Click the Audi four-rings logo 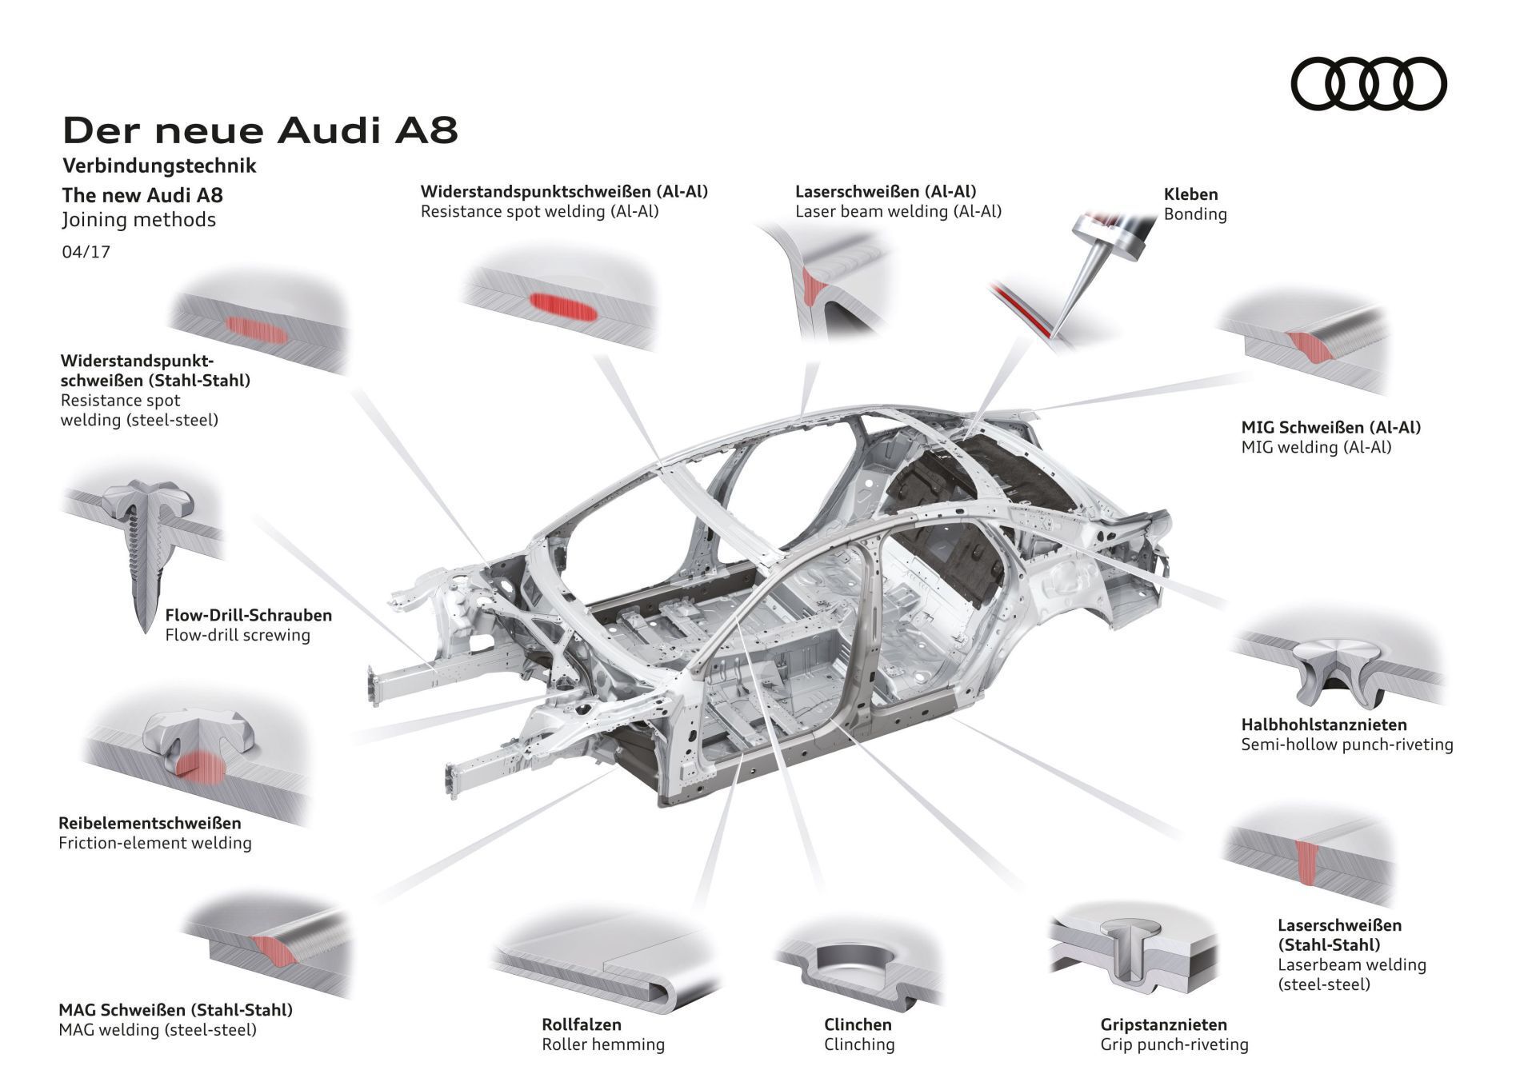click(x=1370, y=84)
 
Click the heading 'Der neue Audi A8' click(x=260, y=130)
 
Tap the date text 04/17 click(x=86, y=252)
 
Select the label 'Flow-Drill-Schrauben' click(x=248, y=615)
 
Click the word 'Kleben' click(x=1190, y=194)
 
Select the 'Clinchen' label click(x=858, y=1024)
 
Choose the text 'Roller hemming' click(x=602, y=1044)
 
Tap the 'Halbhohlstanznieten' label click(x=1323, y=725)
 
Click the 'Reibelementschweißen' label click(x=150, y=823)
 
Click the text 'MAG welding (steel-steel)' click(x=158, y=1030)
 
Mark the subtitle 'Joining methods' click(x=139, y=219)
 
